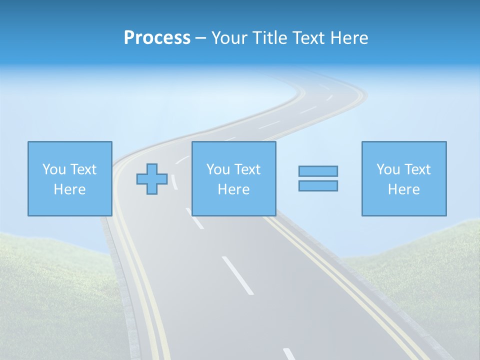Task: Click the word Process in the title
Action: click(x=157, y=38)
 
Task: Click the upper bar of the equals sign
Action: click(x=318, y=171)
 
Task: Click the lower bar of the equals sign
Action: click(x=318, y=185)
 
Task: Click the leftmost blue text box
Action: click(x=69, y=178)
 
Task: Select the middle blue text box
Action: click(x=233, y=178)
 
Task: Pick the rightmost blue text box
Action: click(x=403, y=178)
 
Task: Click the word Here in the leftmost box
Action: click(x=69, y=189)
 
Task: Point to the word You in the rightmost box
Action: click(x=388, y=169)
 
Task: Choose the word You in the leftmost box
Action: click(x=54, y=169)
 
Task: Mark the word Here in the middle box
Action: click(x=233, y=189)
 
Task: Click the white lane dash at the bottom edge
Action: click(x=289, y=354)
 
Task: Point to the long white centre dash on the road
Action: click(x=237, y=275)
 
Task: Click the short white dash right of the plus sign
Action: click(x=174, y=182)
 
